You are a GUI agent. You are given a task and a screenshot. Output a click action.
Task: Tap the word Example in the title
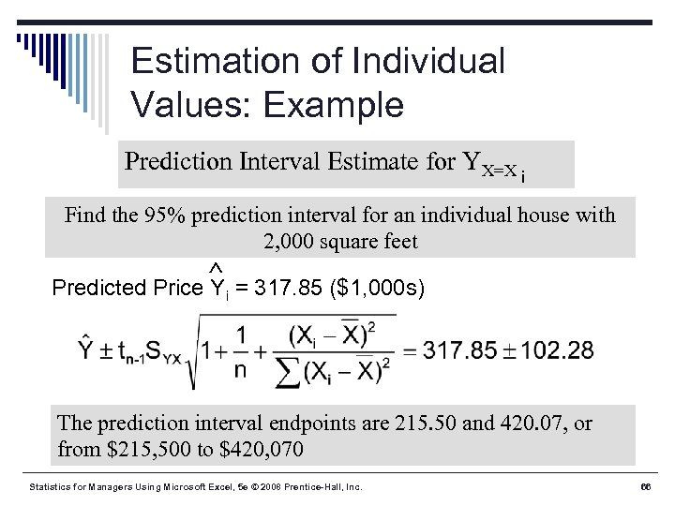pos(334,104)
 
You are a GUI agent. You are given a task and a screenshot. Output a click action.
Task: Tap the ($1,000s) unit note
pos(378,288)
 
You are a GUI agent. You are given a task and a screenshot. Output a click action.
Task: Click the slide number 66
pos(645,487)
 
